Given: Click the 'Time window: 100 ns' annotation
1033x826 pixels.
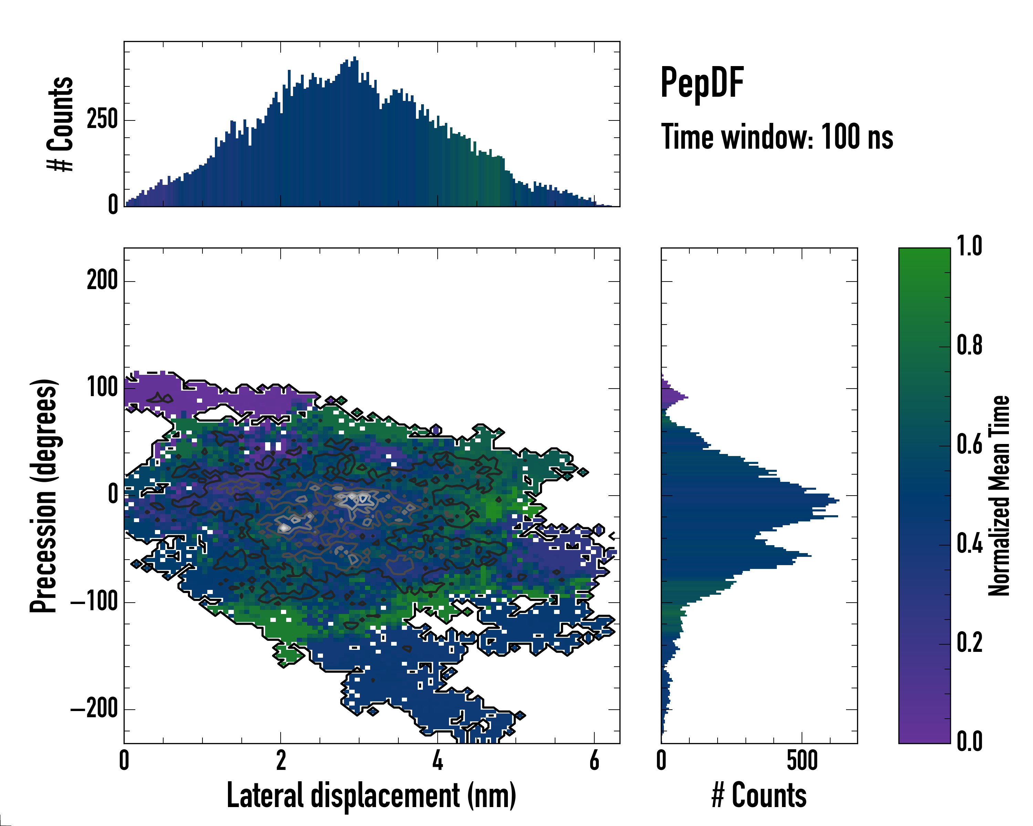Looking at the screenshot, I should click(x=777, y=137).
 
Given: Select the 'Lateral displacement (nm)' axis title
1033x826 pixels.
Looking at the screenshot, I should click(x=371, y=795).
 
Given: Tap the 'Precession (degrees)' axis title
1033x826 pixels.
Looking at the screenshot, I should click(x=44, y=496).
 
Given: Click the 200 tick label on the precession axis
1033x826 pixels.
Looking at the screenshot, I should click(x=102, y=280).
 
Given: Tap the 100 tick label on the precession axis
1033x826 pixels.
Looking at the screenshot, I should click(x=102, y=388).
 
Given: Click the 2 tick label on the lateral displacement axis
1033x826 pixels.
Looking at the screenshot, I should click(x=281, y=760).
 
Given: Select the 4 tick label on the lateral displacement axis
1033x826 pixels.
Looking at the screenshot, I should click(x=437, y=760).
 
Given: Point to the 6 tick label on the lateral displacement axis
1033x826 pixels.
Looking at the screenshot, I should click(x=594, y=760).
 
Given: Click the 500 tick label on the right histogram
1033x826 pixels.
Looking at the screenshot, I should click(x=802, y=760).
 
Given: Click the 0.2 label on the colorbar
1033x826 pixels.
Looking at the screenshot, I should click(x=969, y=643).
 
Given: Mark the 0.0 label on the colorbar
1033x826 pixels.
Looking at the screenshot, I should click(x=969, y=741).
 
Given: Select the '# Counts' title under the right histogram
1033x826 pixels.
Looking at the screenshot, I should click(x=759, y=795).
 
